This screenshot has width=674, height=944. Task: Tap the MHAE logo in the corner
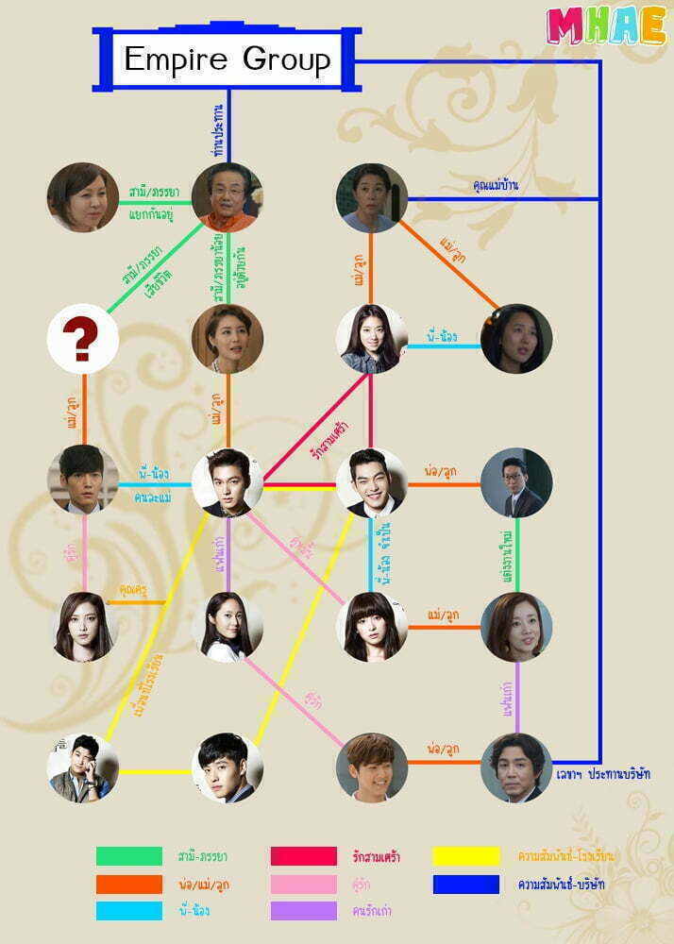[x=606, y=26]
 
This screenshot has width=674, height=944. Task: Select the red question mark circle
[x=83, y=339]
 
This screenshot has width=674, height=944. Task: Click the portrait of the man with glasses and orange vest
[x=227, y=197]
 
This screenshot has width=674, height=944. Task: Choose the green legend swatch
[x=129, y=856]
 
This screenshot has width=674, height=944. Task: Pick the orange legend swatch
[x=129, y=884]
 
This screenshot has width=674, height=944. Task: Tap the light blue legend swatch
[x=129, y=911]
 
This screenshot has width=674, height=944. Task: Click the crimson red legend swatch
[x=303, y=856]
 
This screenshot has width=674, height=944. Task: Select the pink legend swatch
[x=303, y=884]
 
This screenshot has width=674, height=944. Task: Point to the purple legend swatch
[x=303, y=911]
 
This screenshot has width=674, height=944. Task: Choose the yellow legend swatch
[x=466, y=856]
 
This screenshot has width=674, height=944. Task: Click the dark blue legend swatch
[x=466, y=884]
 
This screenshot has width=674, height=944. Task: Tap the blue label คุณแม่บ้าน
[x=496, y=186]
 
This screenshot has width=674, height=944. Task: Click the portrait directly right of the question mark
[x=227, y=339]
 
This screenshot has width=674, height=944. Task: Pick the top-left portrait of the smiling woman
[x=83, y=197]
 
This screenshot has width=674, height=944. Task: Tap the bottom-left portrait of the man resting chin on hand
[x=83, y=767]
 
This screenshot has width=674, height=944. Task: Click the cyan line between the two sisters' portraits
[x=444, y=346]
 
